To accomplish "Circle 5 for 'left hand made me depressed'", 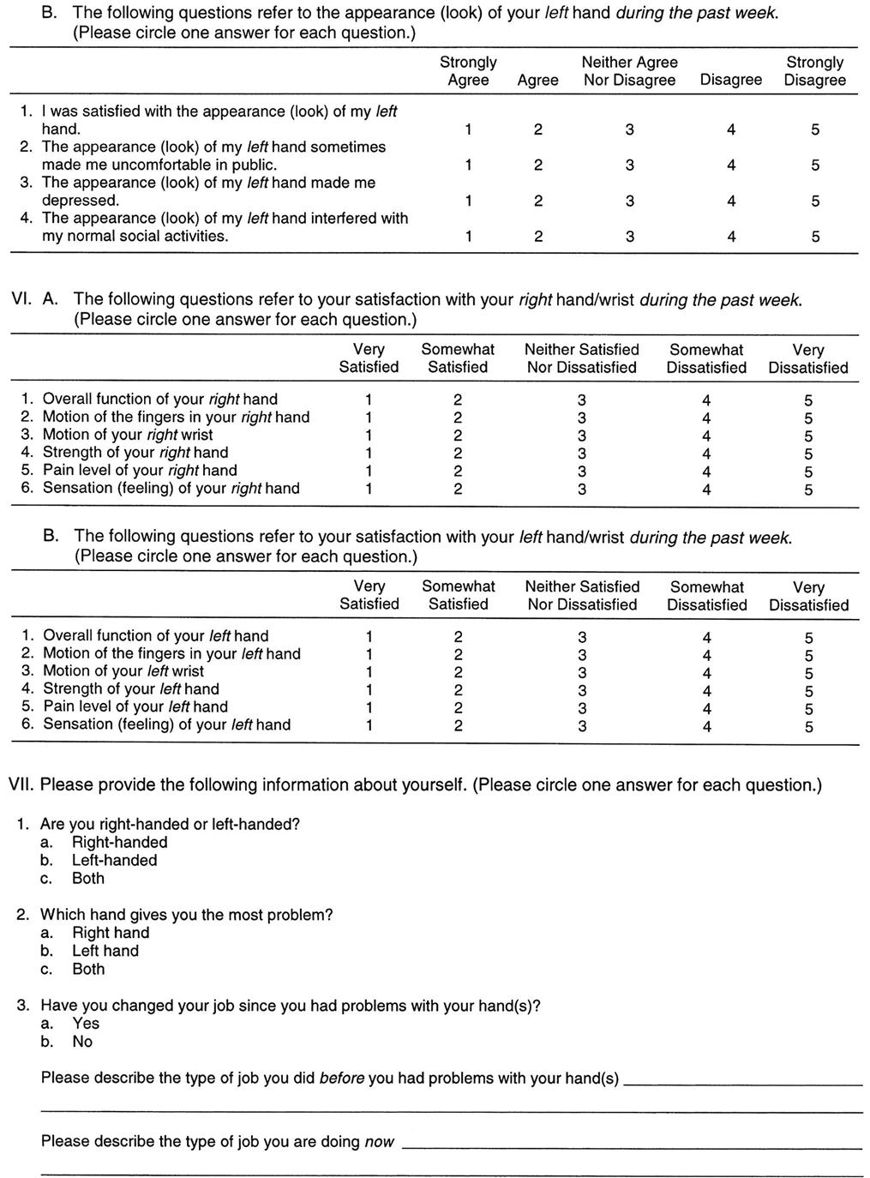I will tap(814, 201).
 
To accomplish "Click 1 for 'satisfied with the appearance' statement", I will tap(468, 130).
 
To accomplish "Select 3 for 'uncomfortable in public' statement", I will tap(629, 165).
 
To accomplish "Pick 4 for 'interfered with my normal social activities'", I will tap(730, 237).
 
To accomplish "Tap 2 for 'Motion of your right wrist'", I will tap(458, 436).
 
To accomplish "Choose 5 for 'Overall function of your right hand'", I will tap(807, 400).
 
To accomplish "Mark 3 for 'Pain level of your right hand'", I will tap(582, 472).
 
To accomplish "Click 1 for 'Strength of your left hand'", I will tap(369, 691).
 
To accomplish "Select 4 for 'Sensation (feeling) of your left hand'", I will tap(706, 727).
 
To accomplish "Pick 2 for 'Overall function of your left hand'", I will tap(458, 638).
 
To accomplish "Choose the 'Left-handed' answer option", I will tap(114, 861).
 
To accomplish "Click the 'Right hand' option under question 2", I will tap(110, 933).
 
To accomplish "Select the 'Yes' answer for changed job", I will tap(86, 1024).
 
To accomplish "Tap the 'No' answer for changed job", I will tap(82, 1042).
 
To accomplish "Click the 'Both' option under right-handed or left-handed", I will tap(88, 879).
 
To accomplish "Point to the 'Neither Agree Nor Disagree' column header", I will tap(629, 71).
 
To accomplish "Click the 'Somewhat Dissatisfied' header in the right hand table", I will tap(707, 358).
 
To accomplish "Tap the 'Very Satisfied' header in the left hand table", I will tap(369, 595).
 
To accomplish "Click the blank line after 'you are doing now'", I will tap(632, 1145).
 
